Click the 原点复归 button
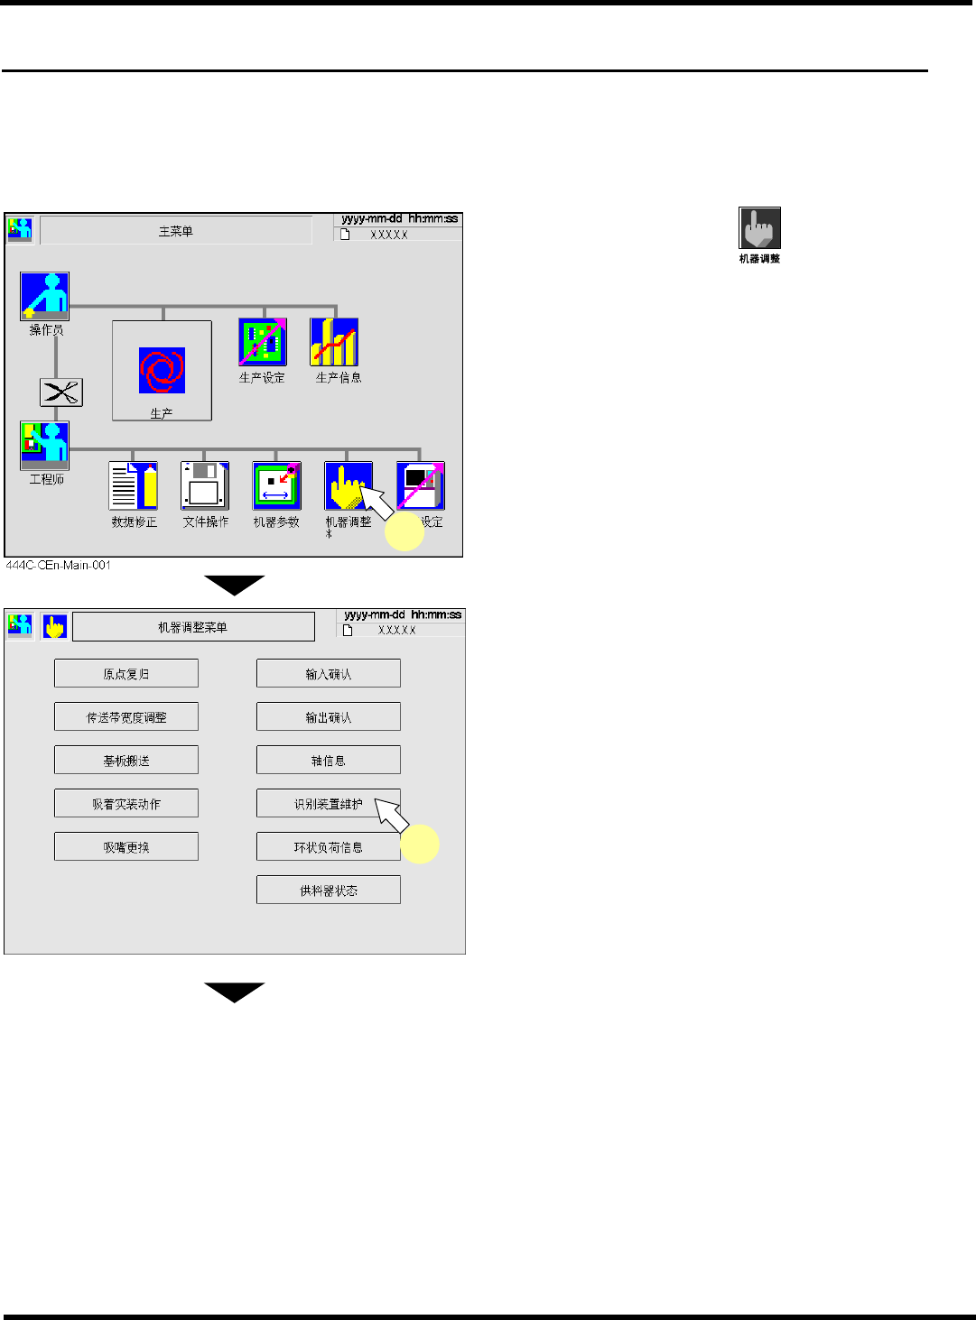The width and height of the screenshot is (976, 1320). (x=126, y=673)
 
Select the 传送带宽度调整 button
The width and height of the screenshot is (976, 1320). (x=126, y=716)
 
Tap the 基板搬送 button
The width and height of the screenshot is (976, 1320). (x=126, y=760)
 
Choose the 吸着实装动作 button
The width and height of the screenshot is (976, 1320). (x=126, y=803)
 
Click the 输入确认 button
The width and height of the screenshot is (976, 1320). (x=329, y=673)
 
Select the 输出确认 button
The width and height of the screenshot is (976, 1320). (x=329, y=716)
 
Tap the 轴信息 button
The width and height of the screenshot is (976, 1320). (x=329, y=760)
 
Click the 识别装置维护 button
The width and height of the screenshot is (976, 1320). (x=329, y=803)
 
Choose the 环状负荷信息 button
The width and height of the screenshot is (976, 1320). (x=329, y=846)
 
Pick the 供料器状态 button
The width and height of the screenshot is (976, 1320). (x=329, y=890)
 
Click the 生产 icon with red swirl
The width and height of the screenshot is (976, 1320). (x=162, y=371)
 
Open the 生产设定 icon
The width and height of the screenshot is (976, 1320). (x=263, y=342)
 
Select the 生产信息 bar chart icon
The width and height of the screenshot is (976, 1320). (x=334, y=342)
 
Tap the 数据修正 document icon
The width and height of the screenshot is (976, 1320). (x=134, y=485)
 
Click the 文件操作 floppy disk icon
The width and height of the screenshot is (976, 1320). (x=205, y=485)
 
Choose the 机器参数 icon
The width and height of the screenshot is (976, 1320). (x=276, y=485)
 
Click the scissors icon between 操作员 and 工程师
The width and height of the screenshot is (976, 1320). (x=61, y=392)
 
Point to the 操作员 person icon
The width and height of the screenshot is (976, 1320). (x=45, y=296)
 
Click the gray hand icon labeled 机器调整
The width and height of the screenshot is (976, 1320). (x=759, y=228)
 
